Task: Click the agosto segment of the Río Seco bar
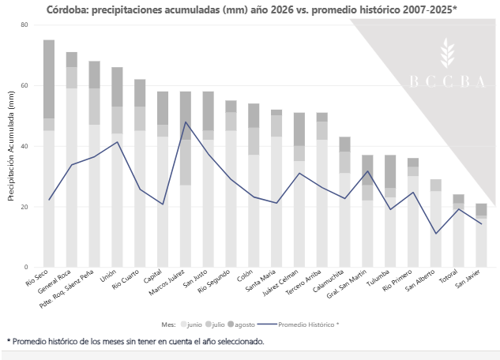point(49,79)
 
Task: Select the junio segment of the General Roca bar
point(72,178)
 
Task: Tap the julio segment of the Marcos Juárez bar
point(186,163)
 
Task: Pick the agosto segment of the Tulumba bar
point(390,171)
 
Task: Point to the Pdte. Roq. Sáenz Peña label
point(66,289)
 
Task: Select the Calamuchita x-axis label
point(329,281)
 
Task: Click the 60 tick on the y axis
point(24,85)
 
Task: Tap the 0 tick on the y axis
point(26,268)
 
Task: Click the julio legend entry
point(215,324)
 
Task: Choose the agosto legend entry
point(242,324)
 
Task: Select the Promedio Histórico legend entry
point(298,324)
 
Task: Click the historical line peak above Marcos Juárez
point(186,122)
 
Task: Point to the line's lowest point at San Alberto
point(436,234)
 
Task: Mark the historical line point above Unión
point(118,142)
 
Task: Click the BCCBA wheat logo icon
point(447,53)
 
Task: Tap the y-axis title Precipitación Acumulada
point(11,146)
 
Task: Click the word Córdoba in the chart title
point(68,10)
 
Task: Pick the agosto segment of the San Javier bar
point(481,210)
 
